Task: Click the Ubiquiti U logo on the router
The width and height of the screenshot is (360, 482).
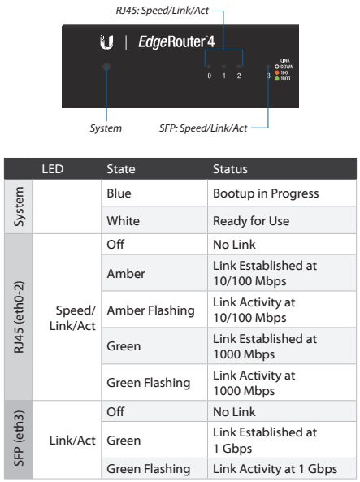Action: pos(106,42)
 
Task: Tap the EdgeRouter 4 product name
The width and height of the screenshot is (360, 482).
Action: pos(176,41)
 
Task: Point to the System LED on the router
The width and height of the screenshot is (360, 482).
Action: pos(106,67)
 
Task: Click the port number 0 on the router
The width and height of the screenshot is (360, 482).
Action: pos(210,76)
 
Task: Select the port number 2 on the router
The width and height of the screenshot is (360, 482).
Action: pos(239,76)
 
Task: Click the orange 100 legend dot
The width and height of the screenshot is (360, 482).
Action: pos(276,72)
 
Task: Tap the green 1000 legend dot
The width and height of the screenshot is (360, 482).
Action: pos(276,79)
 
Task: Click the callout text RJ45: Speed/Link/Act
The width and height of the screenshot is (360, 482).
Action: pos(163,11)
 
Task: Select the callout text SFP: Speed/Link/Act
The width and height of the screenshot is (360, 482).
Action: pos(203,128)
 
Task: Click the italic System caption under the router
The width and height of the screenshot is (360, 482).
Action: pos(106,128)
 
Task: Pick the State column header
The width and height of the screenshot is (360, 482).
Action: pos(121,169)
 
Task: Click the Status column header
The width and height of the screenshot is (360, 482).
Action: pos(230,169)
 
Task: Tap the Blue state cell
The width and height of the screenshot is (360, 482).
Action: pos(119,193)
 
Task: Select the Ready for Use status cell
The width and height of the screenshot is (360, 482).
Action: pos(251,221)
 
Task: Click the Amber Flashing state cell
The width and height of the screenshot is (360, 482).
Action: pos(150,310)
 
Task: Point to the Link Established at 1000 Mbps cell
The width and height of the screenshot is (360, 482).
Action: pos(265,346)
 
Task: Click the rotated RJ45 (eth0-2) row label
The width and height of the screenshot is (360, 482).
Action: pos(19,317)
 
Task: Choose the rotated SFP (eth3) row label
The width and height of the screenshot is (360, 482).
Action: pos(19,439)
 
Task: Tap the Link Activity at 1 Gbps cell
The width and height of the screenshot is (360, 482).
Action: pos(275,469)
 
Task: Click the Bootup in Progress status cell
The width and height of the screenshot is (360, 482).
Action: pos(266,193)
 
